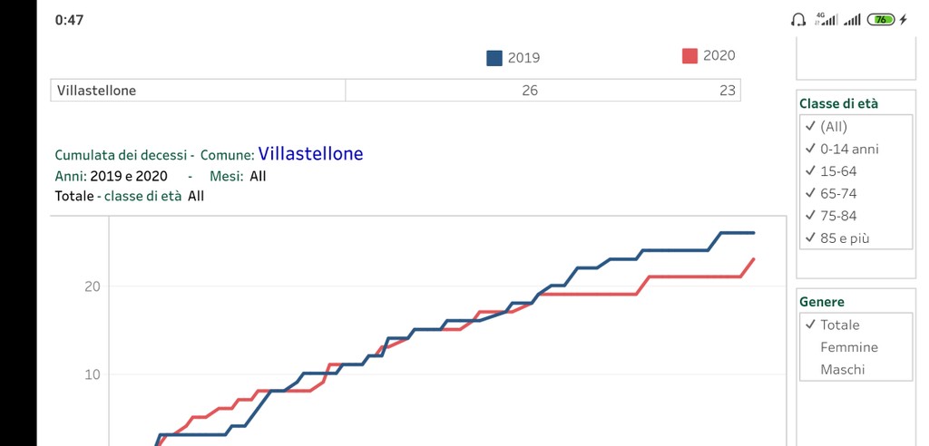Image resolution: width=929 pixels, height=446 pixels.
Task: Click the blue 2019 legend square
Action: click(x=494, y=58)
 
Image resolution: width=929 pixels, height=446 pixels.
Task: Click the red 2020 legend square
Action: click(x=689, y=56)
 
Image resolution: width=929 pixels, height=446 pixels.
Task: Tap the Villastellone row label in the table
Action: click(x=96, y=91)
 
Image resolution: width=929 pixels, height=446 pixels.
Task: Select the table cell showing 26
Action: click(x=530, y=91)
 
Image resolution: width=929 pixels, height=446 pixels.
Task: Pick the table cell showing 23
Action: click(x=727, y=91)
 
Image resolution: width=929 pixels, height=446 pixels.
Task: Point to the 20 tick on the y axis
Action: click(x=92, y=286)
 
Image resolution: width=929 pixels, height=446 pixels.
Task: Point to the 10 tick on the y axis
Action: click(x=92, y=374)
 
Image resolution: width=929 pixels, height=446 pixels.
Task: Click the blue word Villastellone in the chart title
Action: click(x=310, y=154)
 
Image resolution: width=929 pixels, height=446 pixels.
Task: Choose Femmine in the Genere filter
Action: click(x=848, y=347)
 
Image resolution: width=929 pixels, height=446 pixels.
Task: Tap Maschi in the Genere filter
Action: click(x=842, y=370)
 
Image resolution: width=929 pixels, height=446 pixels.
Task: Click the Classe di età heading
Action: click(x=838, y=103)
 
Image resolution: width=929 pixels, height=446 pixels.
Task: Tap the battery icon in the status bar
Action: click(x=881, y=20)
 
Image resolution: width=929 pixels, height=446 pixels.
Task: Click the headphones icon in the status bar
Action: click(x=798, y=20)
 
